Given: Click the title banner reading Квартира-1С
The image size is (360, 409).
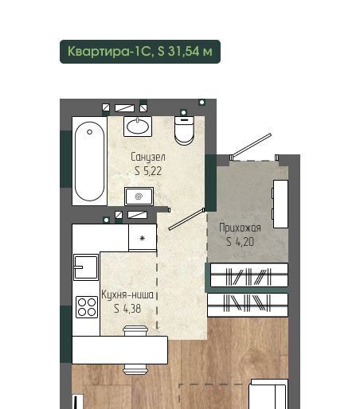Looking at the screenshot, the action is (140, 52).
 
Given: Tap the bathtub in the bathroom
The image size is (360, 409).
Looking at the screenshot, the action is (89, 161).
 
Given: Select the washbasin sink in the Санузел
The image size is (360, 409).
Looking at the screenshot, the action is (138, 127).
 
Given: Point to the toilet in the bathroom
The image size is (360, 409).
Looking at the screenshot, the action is (184, 130).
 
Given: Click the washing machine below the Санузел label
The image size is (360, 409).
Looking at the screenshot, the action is (139, 197).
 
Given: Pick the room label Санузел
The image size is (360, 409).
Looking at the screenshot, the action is (148, 157).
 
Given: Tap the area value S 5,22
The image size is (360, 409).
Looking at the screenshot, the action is (148, 171).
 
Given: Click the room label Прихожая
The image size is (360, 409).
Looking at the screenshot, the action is (240, 228).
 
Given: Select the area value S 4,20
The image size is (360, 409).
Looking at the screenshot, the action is (240, 242).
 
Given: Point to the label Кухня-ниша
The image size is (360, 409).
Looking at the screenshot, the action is (127, 294).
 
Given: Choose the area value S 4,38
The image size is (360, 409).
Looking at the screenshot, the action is (127, 309).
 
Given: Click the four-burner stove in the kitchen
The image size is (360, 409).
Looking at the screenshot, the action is (87, 307).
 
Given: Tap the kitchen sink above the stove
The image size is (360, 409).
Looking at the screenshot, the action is (86, 267).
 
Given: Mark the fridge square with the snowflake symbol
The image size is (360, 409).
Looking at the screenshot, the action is (143, 238).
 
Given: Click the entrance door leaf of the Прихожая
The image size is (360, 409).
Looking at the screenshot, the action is (251, 146).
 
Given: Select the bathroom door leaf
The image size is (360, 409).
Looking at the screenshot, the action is (186, 220).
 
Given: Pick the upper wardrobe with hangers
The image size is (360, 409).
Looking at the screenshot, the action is (249, 275).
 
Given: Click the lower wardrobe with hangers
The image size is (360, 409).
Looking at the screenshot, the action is (248, 305).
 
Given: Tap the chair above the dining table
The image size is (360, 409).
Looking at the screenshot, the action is (135, 331).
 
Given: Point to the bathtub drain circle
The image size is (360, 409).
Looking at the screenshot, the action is (89, 132).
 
